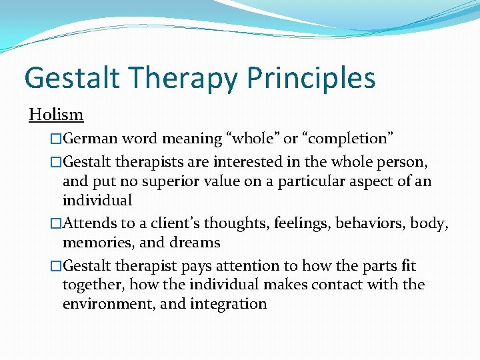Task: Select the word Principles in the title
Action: pos(311,77)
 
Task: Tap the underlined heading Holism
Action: pos(56,115)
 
